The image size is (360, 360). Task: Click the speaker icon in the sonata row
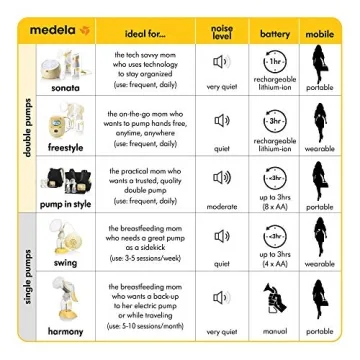[221, 62]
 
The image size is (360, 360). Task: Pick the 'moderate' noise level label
[221, 205]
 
